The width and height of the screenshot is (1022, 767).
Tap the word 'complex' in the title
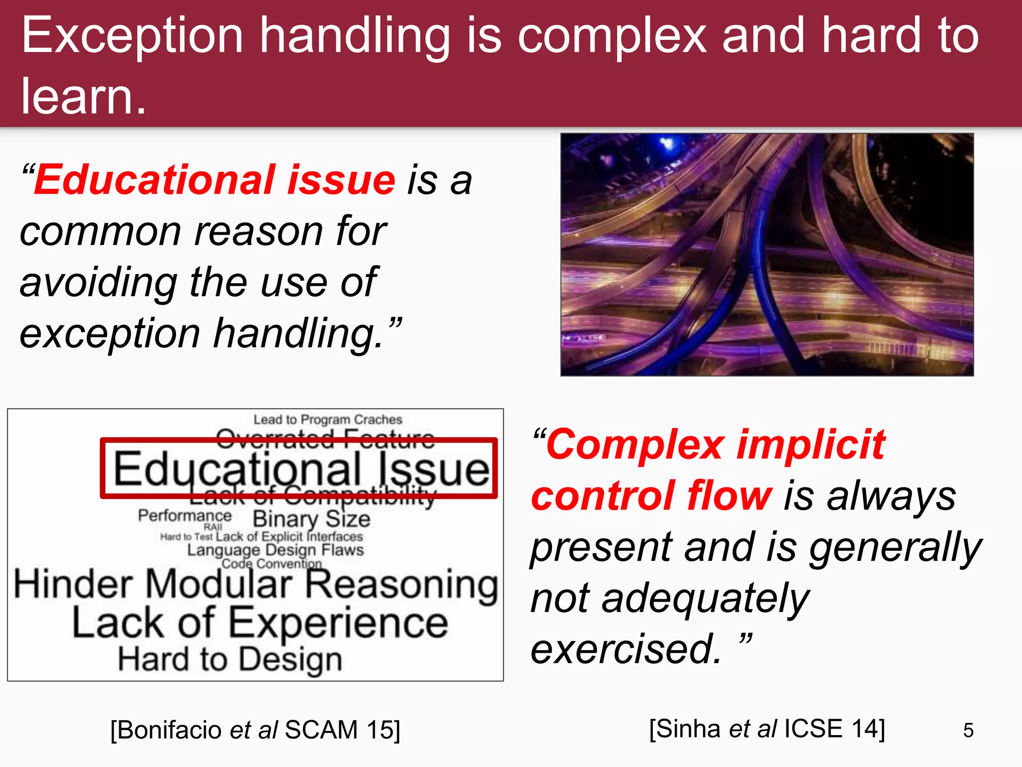coord(612,36)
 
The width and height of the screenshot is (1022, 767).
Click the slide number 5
coord(968,731)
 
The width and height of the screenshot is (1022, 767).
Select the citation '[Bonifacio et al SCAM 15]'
coord(255,730)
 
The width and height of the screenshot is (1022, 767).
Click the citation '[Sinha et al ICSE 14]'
coord(767,729)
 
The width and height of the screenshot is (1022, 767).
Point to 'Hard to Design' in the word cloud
coord(230,659)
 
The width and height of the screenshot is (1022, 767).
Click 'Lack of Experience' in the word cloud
coord(260,623)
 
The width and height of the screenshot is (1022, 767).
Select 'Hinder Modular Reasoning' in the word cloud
coord(255,585)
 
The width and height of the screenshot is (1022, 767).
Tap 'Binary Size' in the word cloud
coord(311,519)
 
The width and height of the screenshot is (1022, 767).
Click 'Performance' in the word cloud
coord(185,515)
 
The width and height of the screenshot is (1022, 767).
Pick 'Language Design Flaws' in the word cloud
coord(275,550)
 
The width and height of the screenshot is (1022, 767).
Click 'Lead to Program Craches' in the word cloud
coord(327,419)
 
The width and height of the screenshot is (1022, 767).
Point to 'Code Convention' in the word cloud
coord(271,564)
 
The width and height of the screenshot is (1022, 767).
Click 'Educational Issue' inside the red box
coord(301,469)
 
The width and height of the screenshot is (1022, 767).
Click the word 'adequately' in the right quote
coord(705,598)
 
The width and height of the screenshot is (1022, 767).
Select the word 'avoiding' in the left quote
coord(98,282)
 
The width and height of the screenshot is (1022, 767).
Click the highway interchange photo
coord(767,254)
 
